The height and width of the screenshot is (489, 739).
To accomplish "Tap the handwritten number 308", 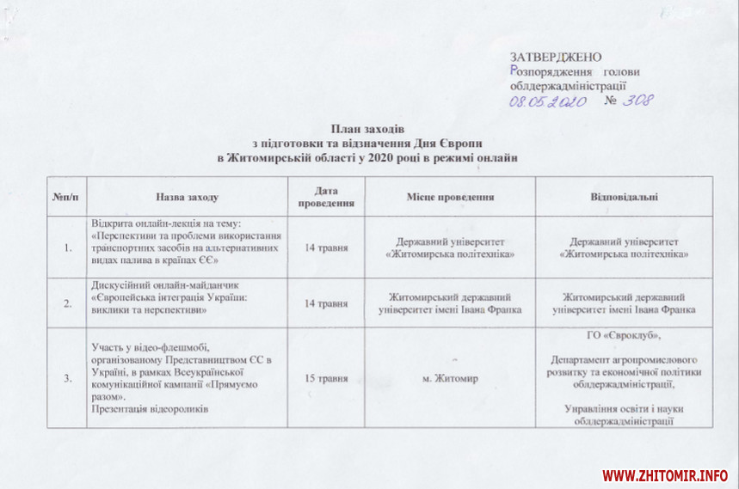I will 637,101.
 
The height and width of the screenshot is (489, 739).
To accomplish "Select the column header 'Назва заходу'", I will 188,197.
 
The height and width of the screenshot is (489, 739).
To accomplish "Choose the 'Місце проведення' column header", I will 450,197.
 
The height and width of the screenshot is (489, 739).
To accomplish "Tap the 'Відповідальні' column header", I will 624,197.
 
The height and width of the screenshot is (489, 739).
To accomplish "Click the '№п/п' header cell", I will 65,197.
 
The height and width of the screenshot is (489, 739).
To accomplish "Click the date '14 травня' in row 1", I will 326,248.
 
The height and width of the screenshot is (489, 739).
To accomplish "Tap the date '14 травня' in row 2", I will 326,303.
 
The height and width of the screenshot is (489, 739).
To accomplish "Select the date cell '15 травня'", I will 326,378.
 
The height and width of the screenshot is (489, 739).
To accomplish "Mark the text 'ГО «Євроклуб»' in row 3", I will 624,335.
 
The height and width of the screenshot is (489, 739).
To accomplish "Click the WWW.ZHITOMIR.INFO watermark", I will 665,474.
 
